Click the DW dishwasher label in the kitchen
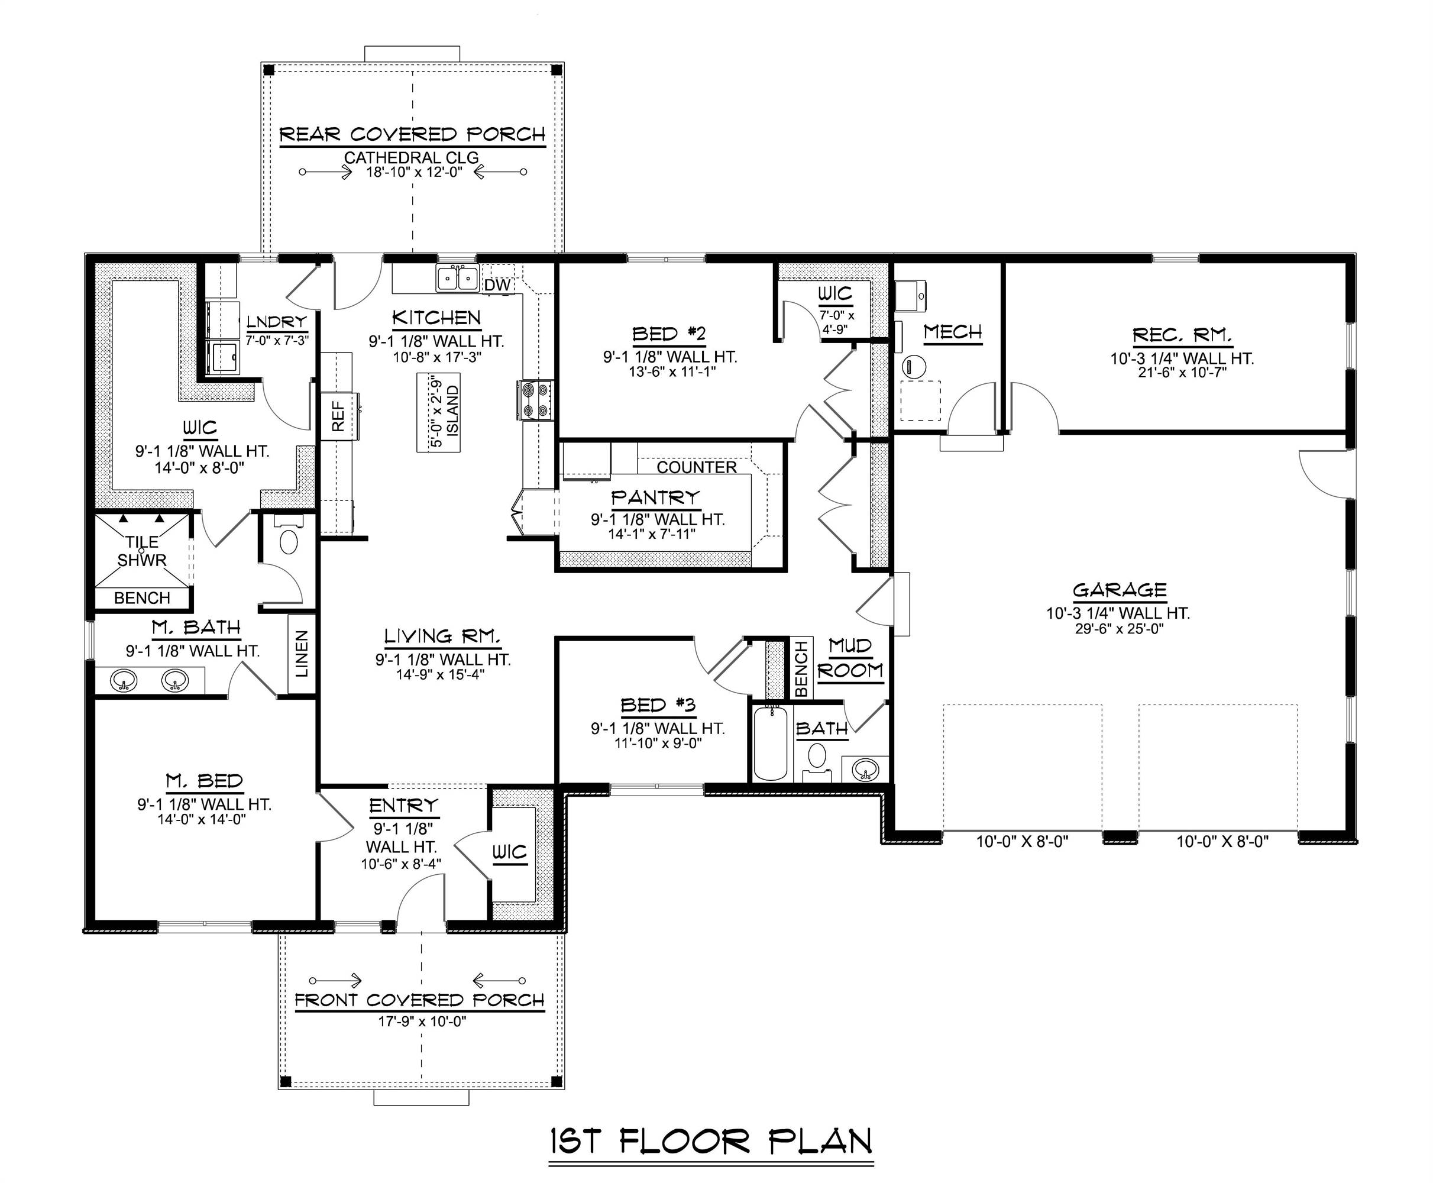497,286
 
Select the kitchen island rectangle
438,412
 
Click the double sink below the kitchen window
457,279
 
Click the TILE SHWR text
142,551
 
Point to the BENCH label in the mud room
801,668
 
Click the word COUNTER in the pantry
697,467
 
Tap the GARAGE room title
1119,590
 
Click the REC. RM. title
1182,335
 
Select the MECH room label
953,332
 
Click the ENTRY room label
403,806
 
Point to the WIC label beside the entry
510,852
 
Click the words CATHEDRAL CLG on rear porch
411,157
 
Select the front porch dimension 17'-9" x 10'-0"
422,1021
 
